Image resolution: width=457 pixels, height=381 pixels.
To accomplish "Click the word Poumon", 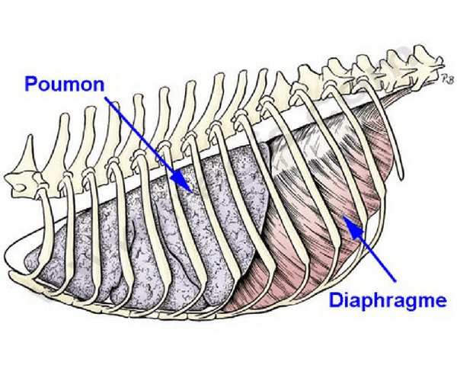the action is point(65,84).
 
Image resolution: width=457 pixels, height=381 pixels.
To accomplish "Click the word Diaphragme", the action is point(388,301).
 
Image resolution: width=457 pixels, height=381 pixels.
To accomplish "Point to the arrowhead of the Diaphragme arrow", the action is point(353,226).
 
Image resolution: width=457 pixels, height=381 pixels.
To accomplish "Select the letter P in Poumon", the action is point(30,84).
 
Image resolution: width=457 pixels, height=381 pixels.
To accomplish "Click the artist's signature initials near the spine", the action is point(446,78).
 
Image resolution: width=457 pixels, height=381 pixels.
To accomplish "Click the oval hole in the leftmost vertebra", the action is point(18,187).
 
